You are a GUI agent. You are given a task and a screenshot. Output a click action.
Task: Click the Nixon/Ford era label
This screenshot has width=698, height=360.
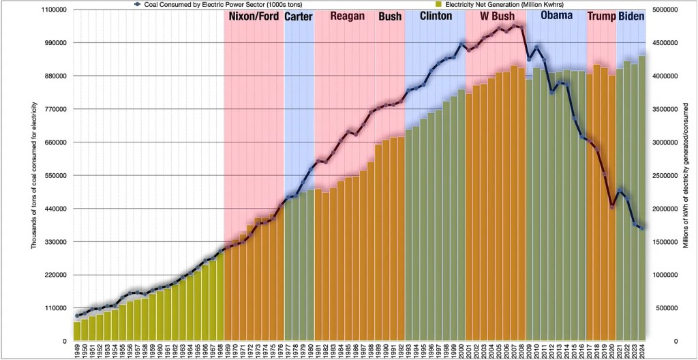point(254,16)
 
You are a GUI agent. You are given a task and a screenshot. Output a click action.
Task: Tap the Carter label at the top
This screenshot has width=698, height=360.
point(299,16)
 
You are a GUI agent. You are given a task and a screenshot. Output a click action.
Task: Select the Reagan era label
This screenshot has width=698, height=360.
point(348,16)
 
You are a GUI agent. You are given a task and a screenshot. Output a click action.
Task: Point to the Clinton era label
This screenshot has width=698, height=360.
point(436,15)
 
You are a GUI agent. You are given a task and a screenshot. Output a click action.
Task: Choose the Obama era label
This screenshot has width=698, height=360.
point(556,15)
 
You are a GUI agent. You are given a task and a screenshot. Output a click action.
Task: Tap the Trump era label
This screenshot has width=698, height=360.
point(601,16)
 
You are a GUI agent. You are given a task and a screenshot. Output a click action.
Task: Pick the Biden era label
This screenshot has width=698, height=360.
point(631,16)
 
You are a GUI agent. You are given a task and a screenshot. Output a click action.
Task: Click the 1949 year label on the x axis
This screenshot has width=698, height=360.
point(77,350)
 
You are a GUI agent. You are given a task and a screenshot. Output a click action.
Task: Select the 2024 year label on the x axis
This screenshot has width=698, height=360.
point(642,350)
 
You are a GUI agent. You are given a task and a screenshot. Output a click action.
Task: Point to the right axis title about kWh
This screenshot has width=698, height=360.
point(687,175)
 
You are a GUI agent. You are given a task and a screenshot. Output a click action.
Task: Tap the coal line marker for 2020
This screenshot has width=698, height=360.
point(612,206)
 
